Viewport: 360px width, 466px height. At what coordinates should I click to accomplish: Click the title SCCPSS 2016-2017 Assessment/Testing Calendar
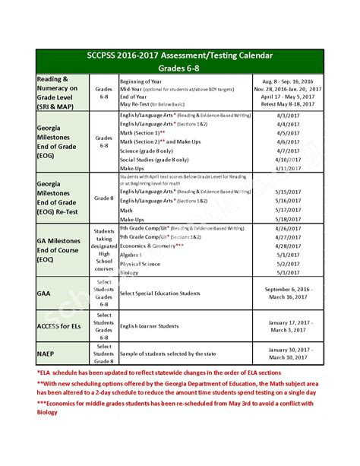click(x=180, y=56)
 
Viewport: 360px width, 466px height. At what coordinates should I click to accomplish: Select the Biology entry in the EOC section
click(x=131, y=272)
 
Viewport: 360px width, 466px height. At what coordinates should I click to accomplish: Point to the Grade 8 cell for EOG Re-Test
click(x=104, y=197)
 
